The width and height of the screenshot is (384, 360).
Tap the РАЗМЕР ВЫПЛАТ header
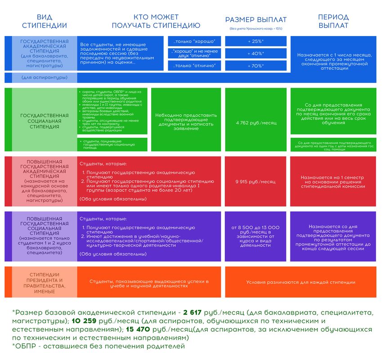click(x=256, y=20)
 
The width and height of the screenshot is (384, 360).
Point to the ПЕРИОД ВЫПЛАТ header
click(x=333, y=21)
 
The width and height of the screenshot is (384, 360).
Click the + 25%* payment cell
click(x=256, y=41)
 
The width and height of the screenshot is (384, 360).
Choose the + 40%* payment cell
click(x=256, y=54)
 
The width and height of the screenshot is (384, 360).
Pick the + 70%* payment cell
click(x=256, y=66)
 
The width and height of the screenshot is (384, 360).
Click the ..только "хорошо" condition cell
click(x=194, y=41)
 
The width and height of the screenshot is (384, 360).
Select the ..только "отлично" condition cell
click(x=194, y=66)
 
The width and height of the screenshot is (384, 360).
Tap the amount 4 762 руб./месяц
click(x=256, y=122)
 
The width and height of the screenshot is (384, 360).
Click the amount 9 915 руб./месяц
click(x=256, y=182)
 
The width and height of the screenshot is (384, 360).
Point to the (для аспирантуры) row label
click(x=45, y=77)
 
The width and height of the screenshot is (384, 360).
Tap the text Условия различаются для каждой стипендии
click(x=300, y=282)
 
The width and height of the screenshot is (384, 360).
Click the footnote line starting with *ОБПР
click(x=98, y=346)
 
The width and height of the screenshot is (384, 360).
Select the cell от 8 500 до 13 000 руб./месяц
click(x=256, y=236)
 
